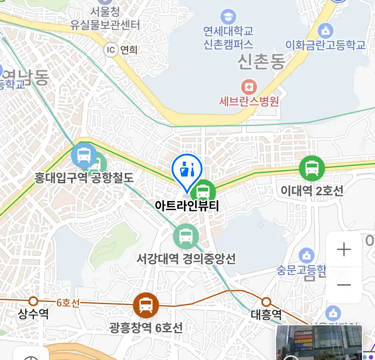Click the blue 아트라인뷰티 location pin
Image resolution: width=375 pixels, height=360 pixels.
click(x=187, y=170)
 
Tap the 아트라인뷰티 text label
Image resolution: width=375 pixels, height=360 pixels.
click(x=187, y=205)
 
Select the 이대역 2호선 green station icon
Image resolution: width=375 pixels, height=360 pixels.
click(x=312, y=168)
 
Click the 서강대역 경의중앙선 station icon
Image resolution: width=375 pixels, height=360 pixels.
click(x=186, y=236)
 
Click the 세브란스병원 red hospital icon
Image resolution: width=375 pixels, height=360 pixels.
click(x=249, y=87)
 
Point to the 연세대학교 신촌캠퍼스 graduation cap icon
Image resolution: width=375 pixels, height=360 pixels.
click(x=228, y=17)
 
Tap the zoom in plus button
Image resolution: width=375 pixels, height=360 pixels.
click(x=344, y=249)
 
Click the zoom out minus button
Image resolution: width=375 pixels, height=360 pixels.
click(x=344, y=285)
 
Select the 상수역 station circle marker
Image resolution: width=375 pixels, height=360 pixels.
click(x=33, y=301)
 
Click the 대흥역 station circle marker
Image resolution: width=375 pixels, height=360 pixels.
click(x=266, y=302)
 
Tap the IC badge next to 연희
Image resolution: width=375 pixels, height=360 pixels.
click(x=111, y=50)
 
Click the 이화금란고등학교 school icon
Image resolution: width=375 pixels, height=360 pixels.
click(x=325, y=31)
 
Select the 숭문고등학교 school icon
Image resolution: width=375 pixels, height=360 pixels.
click(x=306, y=256)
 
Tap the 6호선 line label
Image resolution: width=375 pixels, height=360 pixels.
click(x=68, y=303)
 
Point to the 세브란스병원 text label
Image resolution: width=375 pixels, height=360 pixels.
click(x=249, y=101)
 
